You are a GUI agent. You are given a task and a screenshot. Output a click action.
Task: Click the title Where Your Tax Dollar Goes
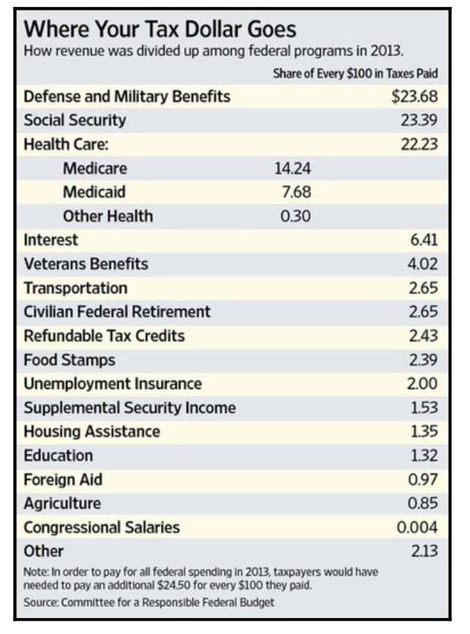(160, 29)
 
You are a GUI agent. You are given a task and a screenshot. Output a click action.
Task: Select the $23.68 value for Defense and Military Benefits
(414, 96)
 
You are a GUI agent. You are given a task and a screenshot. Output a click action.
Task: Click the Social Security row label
(75, 120)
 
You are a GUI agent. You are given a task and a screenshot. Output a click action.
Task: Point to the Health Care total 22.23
(418, 144)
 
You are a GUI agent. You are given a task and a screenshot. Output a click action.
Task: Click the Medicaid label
(94, 192)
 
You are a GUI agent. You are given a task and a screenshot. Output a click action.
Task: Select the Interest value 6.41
(423, 240)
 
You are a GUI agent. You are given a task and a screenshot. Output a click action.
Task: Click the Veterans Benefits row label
(85, 264)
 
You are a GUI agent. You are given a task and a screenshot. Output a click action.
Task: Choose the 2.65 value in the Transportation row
(423, 288)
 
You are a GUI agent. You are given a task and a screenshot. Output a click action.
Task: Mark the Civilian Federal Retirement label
(117, 312)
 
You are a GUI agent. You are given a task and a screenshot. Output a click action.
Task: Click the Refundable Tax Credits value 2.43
(423, 336)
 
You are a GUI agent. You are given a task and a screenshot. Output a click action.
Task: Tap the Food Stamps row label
(69, 360)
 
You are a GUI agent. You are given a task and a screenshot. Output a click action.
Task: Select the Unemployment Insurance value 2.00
(423, 384)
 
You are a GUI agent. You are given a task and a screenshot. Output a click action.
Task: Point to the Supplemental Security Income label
(130, 408)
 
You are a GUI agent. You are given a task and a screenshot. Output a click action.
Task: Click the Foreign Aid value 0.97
(423, 479)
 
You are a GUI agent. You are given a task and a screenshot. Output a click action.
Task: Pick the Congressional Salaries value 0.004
(417, 527)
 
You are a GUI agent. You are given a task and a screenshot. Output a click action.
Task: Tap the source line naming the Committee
(149, 601)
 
